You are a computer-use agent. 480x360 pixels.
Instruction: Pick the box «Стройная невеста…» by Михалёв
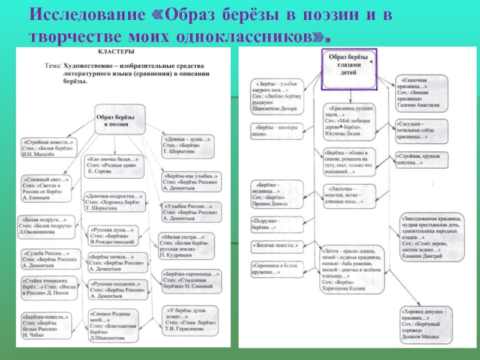[x=49, y=146]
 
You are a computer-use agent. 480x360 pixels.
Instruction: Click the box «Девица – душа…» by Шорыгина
[x=187, y=145]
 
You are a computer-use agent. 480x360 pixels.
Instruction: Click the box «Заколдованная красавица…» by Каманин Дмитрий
[x=427, y=236]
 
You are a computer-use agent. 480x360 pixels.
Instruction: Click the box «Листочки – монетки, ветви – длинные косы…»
[x=349, y=195]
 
